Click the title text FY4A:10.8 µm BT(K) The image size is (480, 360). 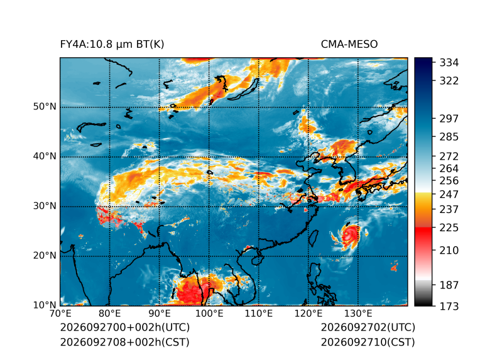tap(112, 45)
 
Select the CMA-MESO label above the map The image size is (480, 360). tap(349, 45)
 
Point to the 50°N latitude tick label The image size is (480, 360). tap(45, 107)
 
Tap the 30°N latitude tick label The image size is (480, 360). tap(45, 205)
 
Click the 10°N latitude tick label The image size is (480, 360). tap(45, 305)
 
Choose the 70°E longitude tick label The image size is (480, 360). tap(60, 314)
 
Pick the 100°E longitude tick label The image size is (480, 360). tap(209, 314)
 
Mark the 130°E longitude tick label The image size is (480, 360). tap(359, 314)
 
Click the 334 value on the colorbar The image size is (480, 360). tap(449, 63)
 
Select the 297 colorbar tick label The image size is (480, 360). tap(449, 119)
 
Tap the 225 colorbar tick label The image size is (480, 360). tap(449, 228)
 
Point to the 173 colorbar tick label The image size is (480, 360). tap(449, 306)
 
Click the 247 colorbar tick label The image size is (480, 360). tap(449, 194)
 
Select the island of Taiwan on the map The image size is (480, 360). tap(313, 239)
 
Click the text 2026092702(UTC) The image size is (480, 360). tap(368, 327)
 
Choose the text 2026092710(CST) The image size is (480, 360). tap(368, 342)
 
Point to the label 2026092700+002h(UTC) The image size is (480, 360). tap(125, 327)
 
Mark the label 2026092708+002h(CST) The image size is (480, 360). tap(125, 342)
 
